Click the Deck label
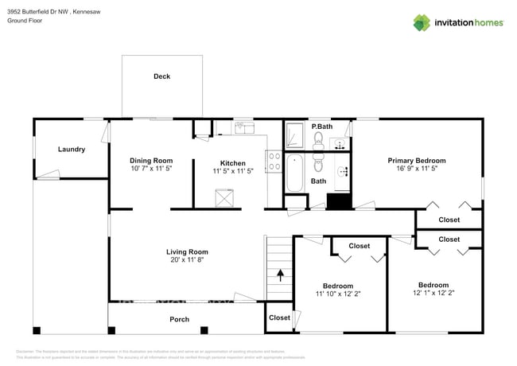[161, 76]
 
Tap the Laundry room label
[72, 149]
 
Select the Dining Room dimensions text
[151, 169]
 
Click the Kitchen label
[233, 163]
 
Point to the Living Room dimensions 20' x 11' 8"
[185, 260]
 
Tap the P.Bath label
[321, 127]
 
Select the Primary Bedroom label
[417, 161]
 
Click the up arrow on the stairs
[280, 276]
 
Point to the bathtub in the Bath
[294, 173]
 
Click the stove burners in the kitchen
[274, 162]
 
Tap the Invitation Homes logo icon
[423, 22]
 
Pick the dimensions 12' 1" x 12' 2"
[433, 292]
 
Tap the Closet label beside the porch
[279, 317]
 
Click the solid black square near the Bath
[340, 201]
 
